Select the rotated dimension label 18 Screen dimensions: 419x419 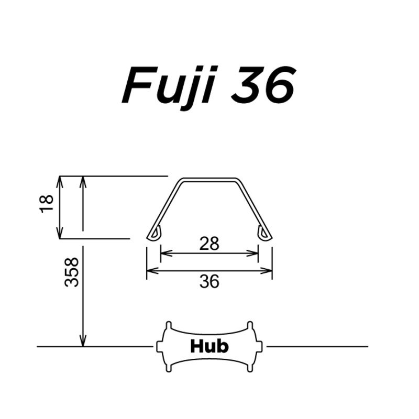point(47,203)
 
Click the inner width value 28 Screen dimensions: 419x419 point(209,243)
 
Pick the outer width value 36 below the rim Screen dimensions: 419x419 point(209,282)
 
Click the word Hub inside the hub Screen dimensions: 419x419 point(209,346)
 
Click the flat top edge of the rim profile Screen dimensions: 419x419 point(209,180)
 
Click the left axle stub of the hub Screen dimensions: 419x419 point(159,346)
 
